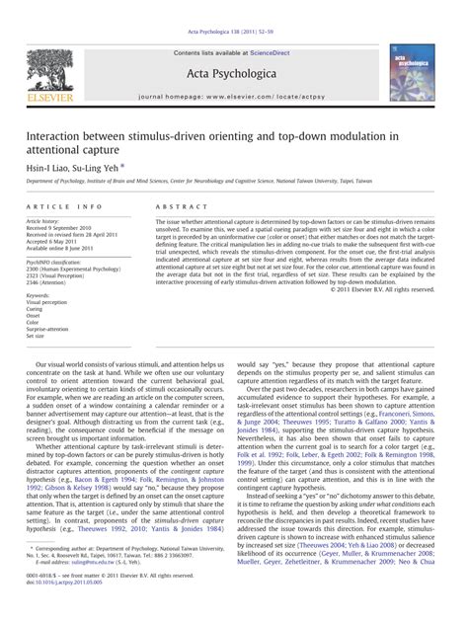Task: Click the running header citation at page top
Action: [234, 7]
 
